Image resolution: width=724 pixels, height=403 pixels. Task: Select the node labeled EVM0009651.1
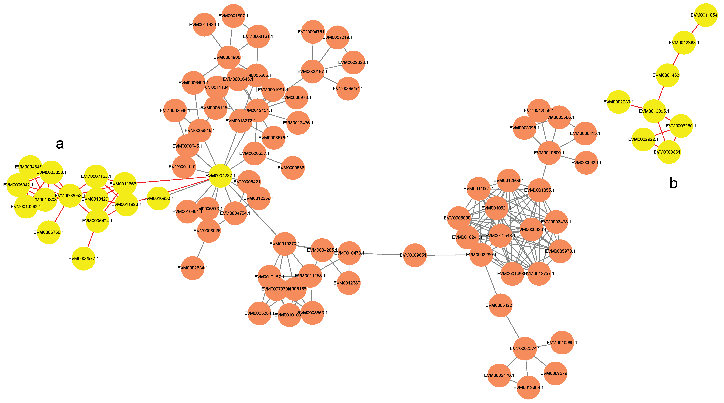(415, 255)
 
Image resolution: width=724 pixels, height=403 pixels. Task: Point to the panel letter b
(673, 183)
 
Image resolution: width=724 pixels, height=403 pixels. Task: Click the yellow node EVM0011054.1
(706, 15)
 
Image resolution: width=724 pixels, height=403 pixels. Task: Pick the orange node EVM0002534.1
(193, 268)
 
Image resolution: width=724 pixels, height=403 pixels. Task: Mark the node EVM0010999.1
(562, 343)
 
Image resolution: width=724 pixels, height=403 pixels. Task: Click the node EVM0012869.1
(528, 388)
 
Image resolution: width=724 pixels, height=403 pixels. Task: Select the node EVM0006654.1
(348, 89)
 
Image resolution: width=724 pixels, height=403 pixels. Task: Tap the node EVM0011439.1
(204, 25)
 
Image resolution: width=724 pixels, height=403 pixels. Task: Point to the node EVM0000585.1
(293, 168)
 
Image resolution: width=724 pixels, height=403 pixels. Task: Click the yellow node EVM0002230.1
(618, 102)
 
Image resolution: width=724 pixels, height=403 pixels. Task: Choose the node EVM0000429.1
(586, 163)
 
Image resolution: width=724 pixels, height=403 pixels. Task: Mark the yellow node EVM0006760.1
(49, 232)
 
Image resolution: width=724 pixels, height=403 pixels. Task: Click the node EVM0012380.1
(349, 283)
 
